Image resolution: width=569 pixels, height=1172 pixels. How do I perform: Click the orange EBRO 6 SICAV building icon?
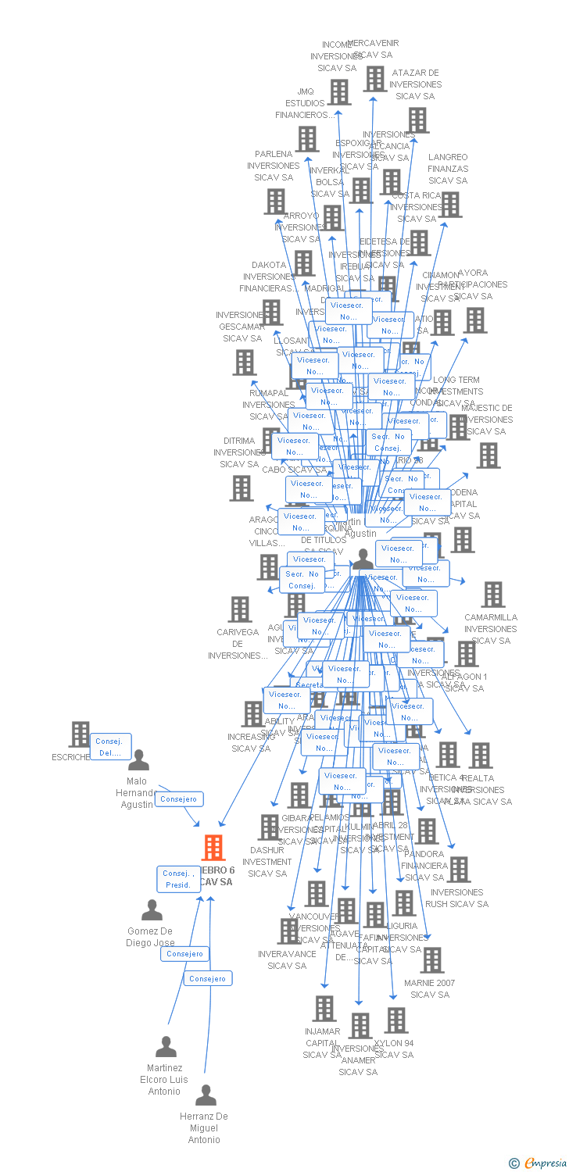coord(213,848)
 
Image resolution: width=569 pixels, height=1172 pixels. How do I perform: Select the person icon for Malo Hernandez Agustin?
coord(138,759)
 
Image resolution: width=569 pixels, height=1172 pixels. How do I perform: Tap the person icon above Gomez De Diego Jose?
coord(152,910)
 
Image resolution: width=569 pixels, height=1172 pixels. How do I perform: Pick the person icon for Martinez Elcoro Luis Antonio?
coord(166,1046)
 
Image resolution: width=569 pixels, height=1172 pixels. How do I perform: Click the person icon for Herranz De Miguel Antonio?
coord(206,1095)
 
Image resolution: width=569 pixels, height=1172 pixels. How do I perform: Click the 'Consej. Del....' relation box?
coord(111,747)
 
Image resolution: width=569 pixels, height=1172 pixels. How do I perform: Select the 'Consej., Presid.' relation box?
coord(178,879)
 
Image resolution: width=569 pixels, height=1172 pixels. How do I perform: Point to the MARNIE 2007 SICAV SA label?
coord(429,988)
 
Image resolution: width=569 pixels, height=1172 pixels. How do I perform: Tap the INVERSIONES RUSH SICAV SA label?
coord(456,898)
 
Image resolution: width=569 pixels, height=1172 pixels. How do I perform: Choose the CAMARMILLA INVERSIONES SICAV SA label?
coord(491,628)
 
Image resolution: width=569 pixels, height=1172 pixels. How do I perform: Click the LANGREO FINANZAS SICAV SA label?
coord(448,169)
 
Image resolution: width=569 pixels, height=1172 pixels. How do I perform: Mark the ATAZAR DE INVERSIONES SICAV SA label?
coord(415,84)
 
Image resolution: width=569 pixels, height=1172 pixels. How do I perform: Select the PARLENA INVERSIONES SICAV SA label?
coord(274,166)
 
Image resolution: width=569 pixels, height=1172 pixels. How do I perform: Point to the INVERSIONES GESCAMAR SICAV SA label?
coord(242,327)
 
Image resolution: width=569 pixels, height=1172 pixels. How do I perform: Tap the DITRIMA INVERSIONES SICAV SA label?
coord(239,452)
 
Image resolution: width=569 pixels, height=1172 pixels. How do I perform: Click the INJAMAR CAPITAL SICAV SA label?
coord(322,1042)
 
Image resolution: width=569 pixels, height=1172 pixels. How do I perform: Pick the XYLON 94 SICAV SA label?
coord(394,1049)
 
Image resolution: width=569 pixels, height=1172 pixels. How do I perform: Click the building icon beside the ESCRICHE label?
coord(80,734)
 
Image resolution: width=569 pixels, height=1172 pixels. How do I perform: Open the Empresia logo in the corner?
coord(539,1163)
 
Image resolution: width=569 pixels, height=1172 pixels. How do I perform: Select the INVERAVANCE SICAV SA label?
coord(287,959)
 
